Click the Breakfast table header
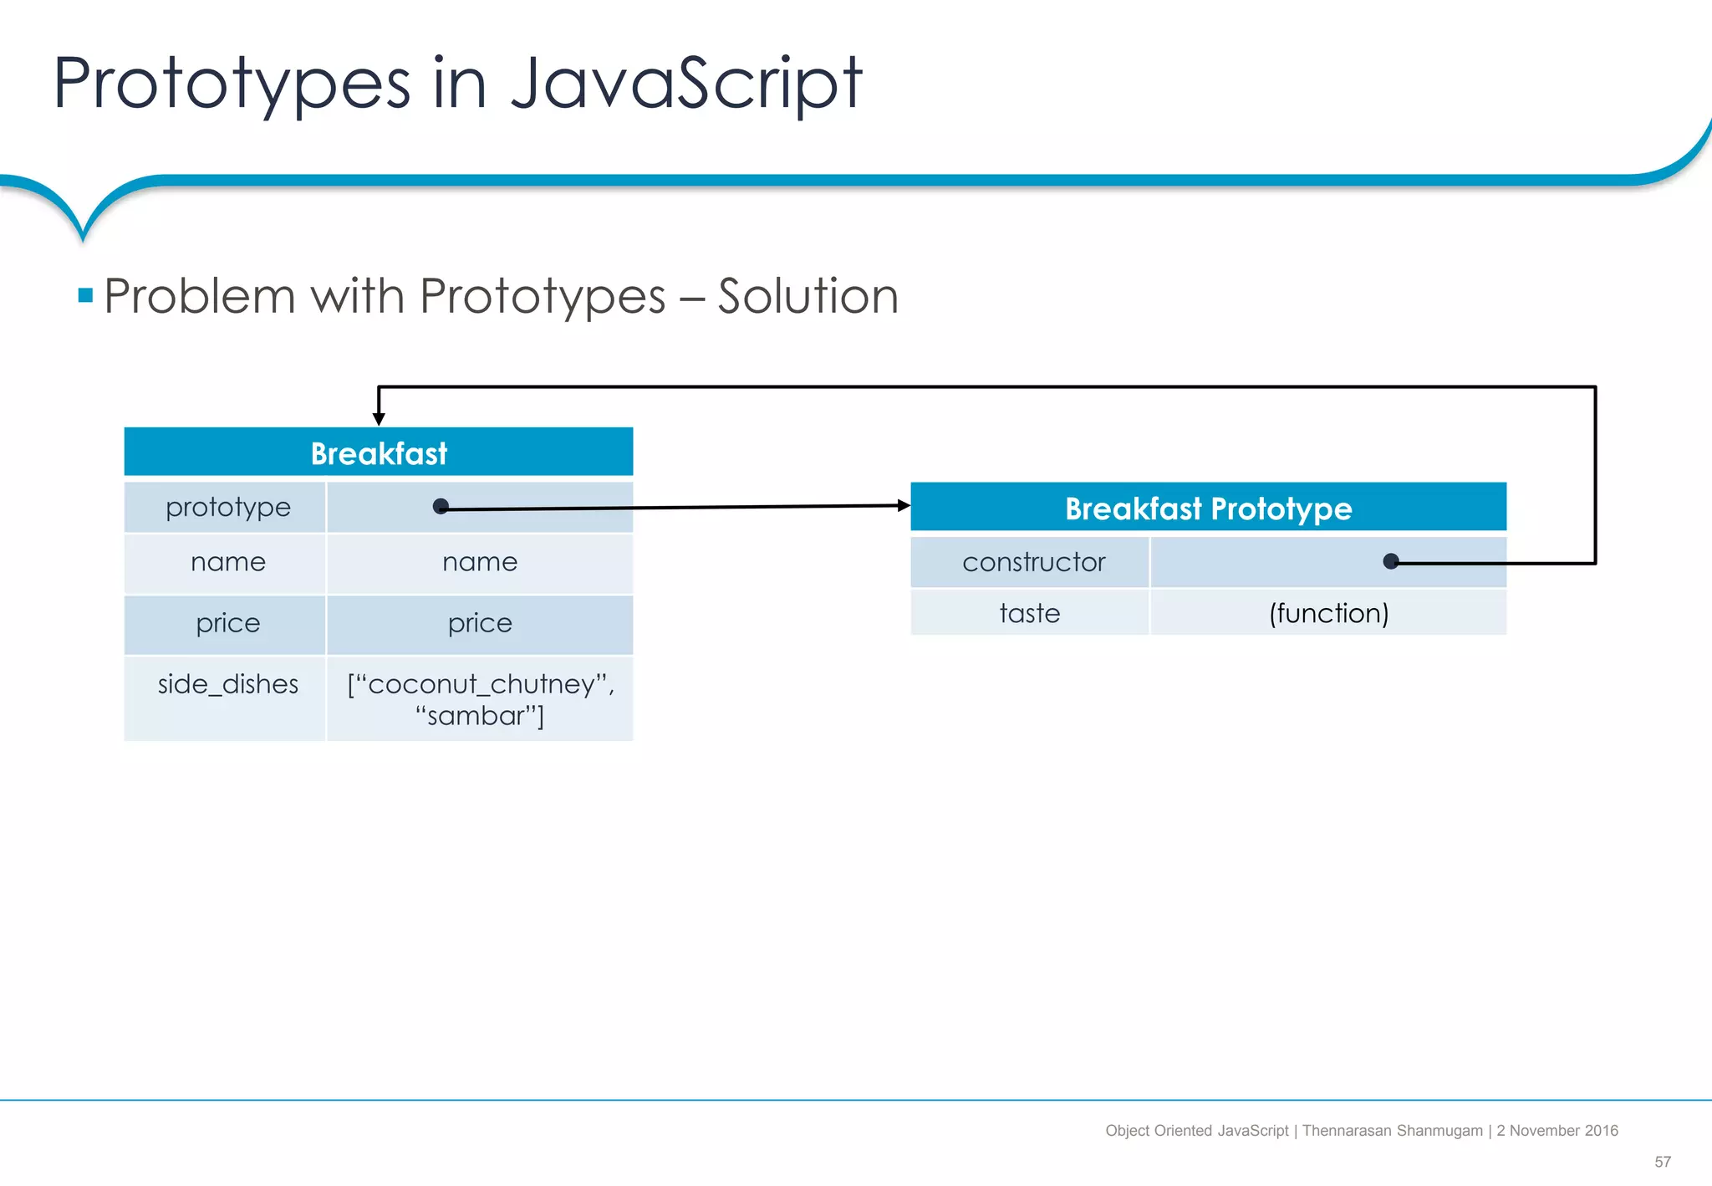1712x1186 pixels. (379, 452)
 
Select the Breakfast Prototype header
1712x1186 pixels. (1208, 508)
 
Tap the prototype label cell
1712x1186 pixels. (227, 507)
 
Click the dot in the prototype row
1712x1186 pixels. (441, 506)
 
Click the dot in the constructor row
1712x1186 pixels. (1391, 561)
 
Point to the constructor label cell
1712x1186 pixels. (1033, 562)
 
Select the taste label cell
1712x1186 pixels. (1029, 613)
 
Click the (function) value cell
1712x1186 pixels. (1328, 613)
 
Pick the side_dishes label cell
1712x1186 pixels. (227, 684)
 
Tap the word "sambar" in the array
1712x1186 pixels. (479, 716)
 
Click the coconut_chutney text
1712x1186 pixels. (481, 684)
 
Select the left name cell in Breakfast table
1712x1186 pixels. (227, 562)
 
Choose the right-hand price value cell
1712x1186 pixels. (480, 623)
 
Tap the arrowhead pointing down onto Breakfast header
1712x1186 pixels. (379, 418)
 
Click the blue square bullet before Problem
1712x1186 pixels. (85, 295)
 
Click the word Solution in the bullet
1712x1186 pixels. (808, 296)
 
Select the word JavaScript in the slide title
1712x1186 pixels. (685, 83)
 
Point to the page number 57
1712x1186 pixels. (1662, 1162)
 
